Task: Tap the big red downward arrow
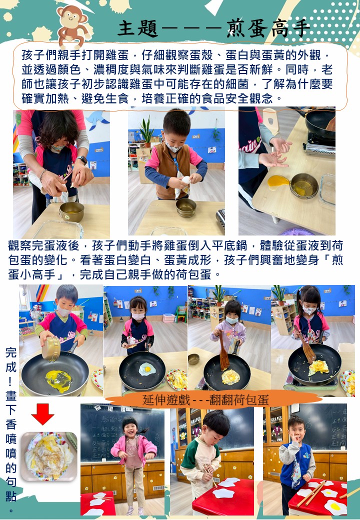pyautogui.click(x=43, y=414)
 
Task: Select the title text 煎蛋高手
pyautogui.click(x=268, y=28)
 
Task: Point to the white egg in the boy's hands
pyautogui.click(x=186, y=179)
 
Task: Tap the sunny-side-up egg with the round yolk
pyautogui.click(x=147, y=369)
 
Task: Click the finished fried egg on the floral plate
pyautogui.click(x=48, y=456)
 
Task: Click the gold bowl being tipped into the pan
pyautogui.click(x=50, y=348)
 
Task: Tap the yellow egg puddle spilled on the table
pyautogui.click(x=278, y=181)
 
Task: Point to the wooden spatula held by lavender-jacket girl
pyautogui.click(x=224, y=352)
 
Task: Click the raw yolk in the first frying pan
pyautogui.click(x=58, y=380)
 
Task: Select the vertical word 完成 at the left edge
pyautogui.click(x=11, y=359)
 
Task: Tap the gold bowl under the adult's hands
pyautogui.click(x=72, y=211)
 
